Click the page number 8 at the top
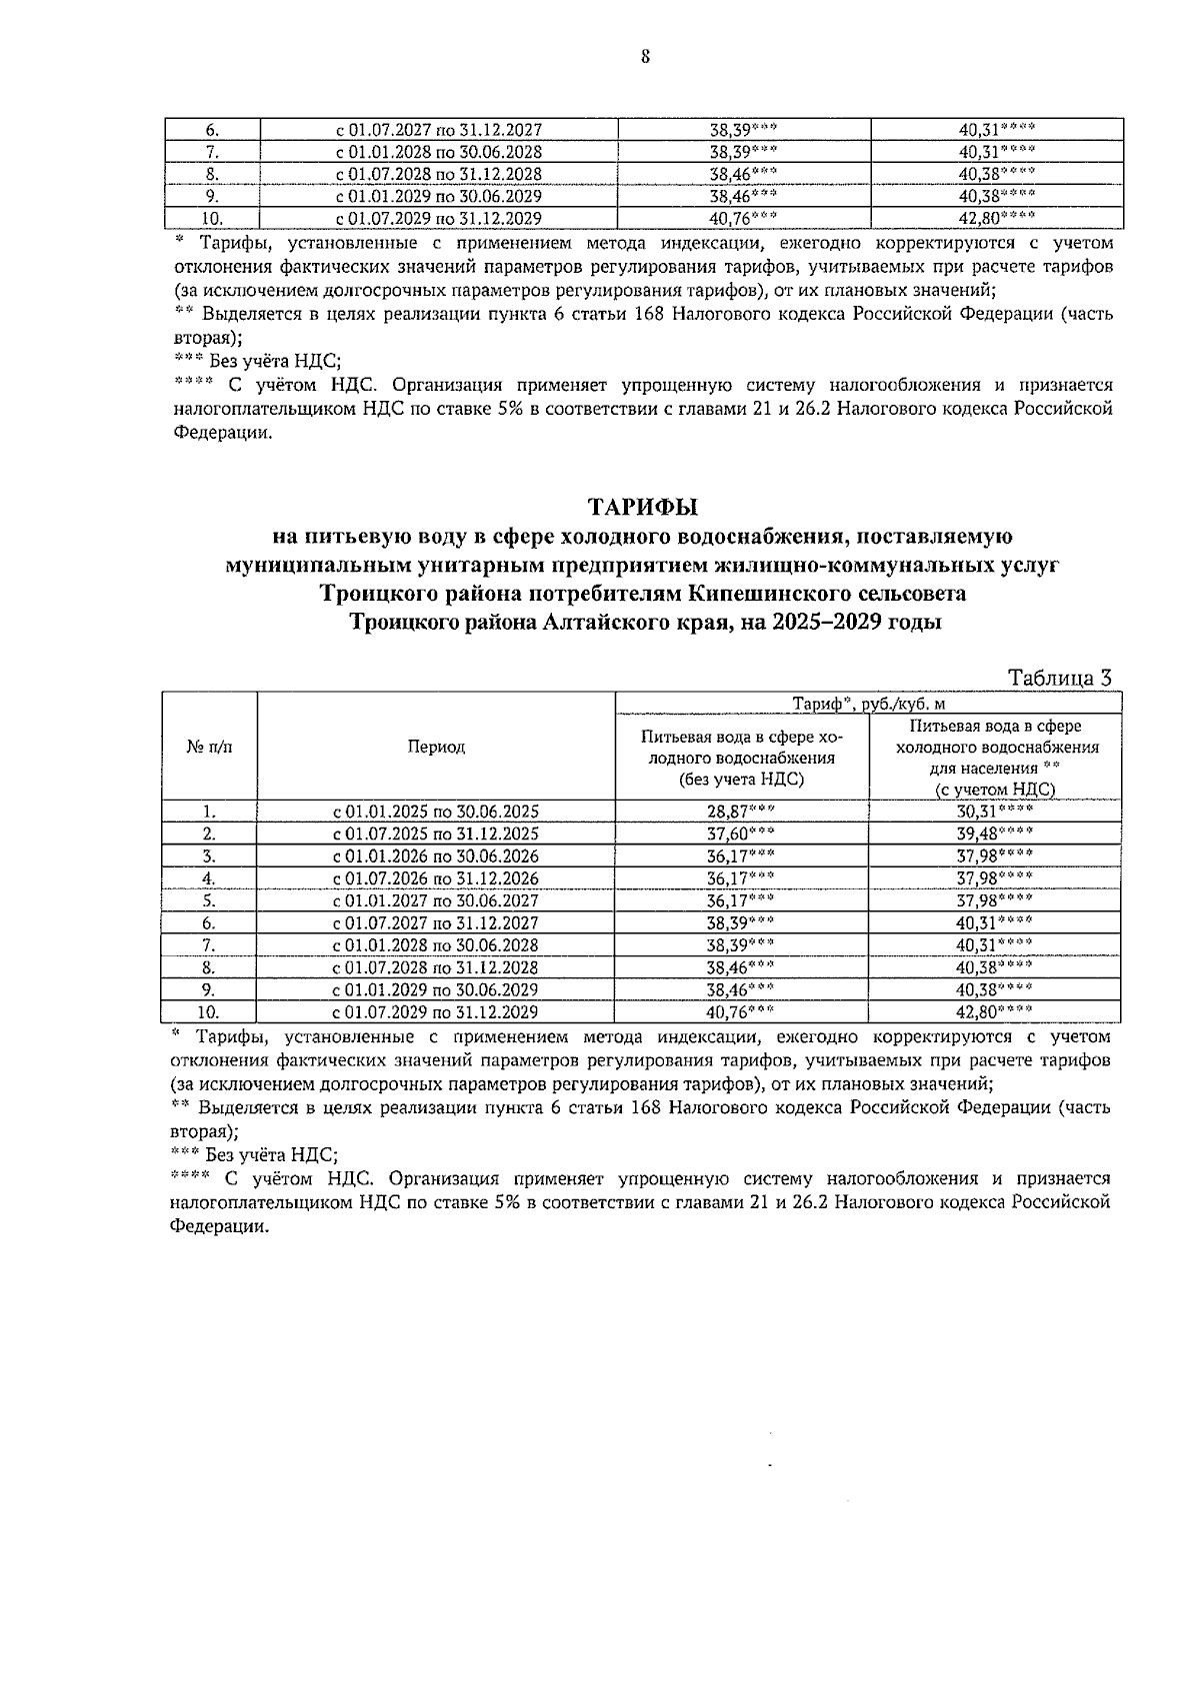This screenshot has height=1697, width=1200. click(x=645, y=57)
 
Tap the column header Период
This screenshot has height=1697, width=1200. click(x=436, y=748)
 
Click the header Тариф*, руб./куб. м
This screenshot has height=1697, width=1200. click(x=868, y=704)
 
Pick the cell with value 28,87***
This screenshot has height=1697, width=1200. click(x=741, y=812)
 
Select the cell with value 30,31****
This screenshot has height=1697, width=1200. click(x=994, y=812)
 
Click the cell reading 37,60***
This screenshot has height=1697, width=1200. click(x=741, y=834)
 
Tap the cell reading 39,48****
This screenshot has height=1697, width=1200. click(x=994, y=834)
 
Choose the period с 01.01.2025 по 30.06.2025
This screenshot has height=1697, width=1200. click(x=436, y=812)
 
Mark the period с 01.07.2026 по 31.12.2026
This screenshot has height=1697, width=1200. click(x=436, y=878)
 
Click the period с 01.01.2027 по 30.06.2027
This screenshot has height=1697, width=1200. click(x=436, y=900)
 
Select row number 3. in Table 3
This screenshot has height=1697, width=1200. click(x=209, y=856)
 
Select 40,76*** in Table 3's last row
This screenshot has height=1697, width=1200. click(x=741, y=1012)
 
